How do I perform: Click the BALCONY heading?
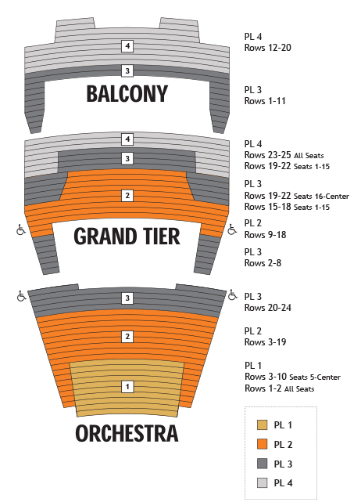(x=127, y=94)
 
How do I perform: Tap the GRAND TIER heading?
(x=127, y=237)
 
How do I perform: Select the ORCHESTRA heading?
(x=127, y=433)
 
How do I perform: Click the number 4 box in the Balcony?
(x=127, y=46)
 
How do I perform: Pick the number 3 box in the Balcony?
(x=127, y=70)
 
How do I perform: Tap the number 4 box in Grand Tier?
(x=127, y=139)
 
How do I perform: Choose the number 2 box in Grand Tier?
(x=127, y=195)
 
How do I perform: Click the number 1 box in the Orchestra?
(x=127, y=387)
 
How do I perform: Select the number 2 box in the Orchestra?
(x=127, y=337)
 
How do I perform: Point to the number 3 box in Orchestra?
(x=127, y=298)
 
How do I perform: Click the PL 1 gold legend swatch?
(x=263, y=424)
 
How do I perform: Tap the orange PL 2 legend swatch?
(x=263, y=444)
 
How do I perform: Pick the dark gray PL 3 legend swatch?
(x=263, y=464)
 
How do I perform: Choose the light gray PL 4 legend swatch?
(x=263, y=482)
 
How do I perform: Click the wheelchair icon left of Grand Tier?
(x=21, y=230)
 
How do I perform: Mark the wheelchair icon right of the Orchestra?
(x=233, y=295)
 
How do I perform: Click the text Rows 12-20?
(x=268, y=48)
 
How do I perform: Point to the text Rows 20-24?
(x=268, y=308)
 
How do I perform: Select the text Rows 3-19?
(x=265, y=342)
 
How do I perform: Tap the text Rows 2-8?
(x=263, y=263)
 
